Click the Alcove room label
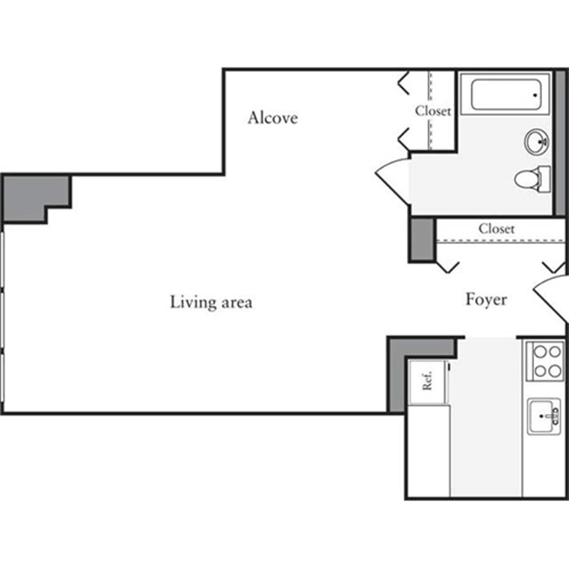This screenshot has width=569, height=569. click(x=272, y=117)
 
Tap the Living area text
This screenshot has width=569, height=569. click(x=211, y=302)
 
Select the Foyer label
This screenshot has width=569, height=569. click(x=486, y=299)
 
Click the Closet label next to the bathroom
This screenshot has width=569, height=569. click(x=433, y=111)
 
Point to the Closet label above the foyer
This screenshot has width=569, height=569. click(x=496, y=228)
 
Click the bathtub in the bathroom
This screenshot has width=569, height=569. click(x=506, y=95)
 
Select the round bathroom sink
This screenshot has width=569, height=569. click(x=536, y=142)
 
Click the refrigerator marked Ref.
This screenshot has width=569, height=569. click(x=428, y=382)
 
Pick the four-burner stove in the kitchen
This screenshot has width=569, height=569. click(x=546, y=361)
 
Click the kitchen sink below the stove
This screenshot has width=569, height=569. click(x=544, y=416)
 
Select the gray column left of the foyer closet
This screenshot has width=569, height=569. click(x=421, y=238)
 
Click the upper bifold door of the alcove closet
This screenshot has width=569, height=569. click(x=403, y=83)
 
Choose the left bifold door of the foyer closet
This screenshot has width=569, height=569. click(x=447, y=267)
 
